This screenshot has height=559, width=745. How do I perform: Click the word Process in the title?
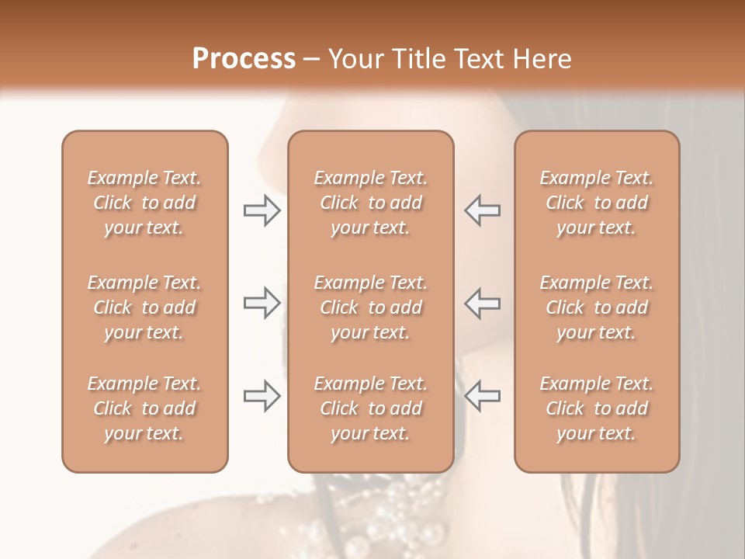244,59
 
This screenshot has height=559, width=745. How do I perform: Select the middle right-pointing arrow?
262,303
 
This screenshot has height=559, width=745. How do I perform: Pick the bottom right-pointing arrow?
262,396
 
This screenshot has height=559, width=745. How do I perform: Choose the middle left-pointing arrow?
483,303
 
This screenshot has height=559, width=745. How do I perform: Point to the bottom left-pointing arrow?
483,396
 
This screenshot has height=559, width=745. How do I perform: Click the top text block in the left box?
144,203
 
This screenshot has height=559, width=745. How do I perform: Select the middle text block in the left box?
144,307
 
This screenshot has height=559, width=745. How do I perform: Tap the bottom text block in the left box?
144,408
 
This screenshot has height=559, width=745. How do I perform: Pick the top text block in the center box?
370,203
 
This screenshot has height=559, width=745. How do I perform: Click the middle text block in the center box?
370,307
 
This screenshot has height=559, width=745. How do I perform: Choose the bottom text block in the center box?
370,408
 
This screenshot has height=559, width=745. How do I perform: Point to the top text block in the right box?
596,203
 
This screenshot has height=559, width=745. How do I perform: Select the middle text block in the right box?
596,307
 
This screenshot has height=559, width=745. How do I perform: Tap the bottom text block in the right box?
596,408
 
